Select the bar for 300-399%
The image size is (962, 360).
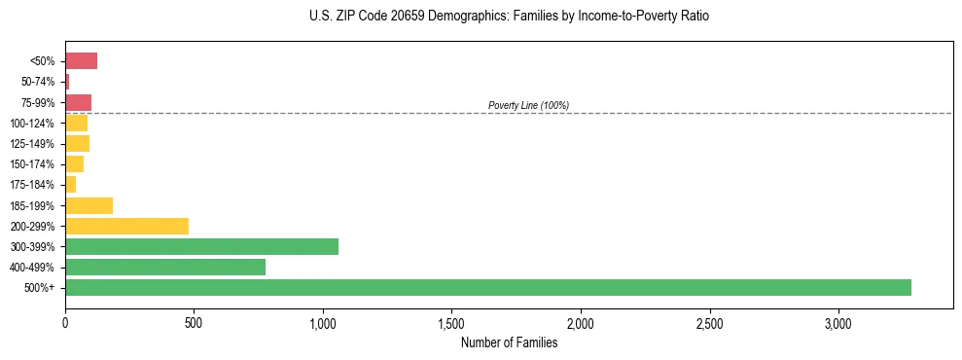pos(201,246)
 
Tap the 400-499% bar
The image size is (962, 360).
pos(165,267)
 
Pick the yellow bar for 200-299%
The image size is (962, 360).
pos(126,226)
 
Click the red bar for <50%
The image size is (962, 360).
pos(81,61)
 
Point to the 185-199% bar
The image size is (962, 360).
pos(89,205)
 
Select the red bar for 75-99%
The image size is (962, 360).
pos(78,102)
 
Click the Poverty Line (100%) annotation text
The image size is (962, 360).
pos(528,105)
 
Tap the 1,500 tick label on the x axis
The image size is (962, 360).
pos(451,323)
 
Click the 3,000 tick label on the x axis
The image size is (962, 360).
pos(837,323)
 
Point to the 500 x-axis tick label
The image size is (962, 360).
pos(194,323)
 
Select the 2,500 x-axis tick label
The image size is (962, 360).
pos(709,323)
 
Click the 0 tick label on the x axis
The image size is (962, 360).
pos(65,323)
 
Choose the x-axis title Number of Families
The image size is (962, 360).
pos(509,342)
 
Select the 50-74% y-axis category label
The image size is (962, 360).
pos(39,82)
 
